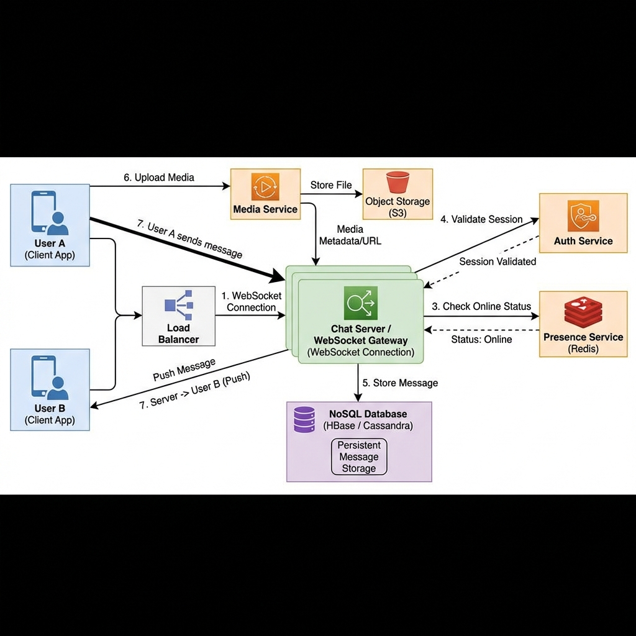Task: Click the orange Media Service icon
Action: (265, 186)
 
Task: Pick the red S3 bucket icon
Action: (397, 183)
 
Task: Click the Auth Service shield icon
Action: (583, 216)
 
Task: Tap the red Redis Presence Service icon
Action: (583, 313)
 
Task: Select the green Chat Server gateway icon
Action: (360, 303)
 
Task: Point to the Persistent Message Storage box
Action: (358, 457)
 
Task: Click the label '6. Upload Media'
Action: (159, 178)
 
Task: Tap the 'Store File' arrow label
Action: (331, 184)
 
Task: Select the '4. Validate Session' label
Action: (481, 219)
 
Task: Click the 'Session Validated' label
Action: (497, 261)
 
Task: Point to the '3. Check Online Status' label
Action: (481, 306)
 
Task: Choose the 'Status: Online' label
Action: (481, 339)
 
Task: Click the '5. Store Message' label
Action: (405, 383)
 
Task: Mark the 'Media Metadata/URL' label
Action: (350, 235)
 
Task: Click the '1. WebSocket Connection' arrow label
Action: (251, 301)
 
